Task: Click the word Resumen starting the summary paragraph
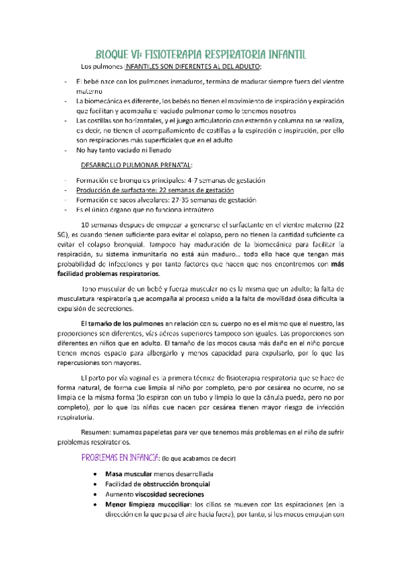click(94, 431)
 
